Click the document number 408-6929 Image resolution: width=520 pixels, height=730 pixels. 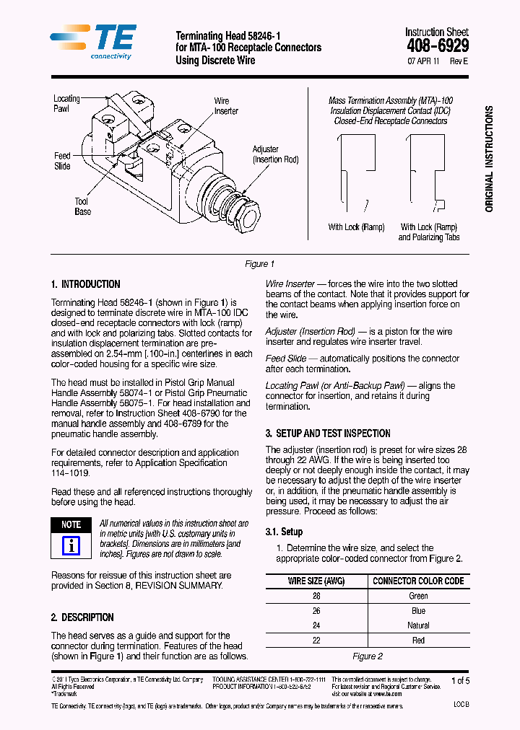click(x=437, y=46)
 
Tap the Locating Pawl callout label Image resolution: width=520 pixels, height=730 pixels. click(x=66, y=103)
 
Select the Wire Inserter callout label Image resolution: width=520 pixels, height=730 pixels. click(x=225, y=106)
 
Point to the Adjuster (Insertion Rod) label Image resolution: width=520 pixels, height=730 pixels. click(x=275, y=154)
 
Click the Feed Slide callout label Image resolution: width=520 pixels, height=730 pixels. click(x=63, y=161)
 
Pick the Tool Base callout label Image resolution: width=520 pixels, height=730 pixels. click(x=82, y=207)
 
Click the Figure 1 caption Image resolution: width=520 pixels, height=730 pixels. click(x=259, y=264)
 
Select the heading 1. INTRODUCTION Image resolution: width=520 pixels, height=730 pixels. click(x=86, y=284)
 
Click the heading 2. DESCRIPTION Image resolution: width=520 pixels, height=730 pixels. click(x=82, y=617)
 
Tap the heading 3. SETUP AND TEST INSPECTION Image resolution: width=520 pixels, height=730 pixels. click(x=328, y=434)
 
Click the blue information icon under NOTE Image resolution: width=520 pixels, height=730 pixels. click(x=71, y=545)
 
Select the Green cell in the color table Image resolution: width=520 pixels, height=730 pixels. click(x=418, y=596)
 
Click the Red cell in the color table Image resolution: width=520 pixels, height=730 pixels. click(x=418, y=640)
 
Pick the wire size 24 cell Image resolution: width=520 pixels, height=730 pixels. click(x=316, y=625)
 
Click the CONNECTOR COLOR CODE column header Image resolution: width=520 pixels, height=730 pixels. click(x=418, y=581)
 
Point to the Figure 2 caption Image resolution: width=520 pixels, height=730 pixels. click(x=367, y=656)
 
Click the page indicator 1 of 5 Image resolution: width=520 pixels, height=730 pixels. click(x=460, y=680)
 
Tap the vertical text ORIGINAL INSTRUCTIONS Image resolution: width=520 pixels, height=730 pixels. click(x=490, y=159)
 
